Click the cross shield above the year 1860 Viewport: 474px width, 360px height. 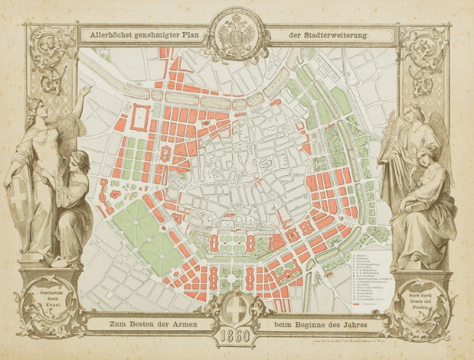coord(236,313)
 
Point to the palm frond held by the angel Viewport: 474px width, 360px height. coord(396,145)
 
